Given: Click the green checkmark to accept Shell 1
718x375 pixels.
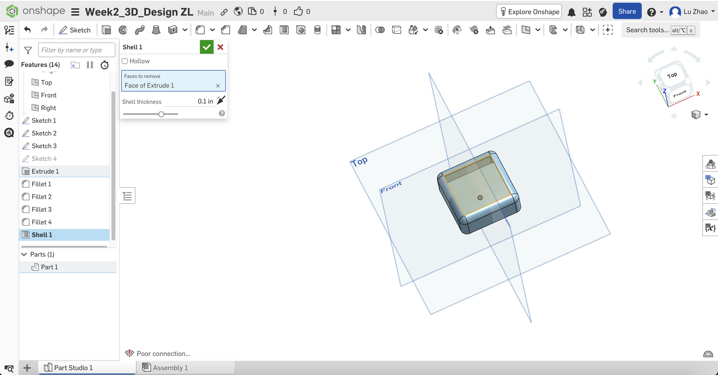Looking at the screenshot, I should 206,47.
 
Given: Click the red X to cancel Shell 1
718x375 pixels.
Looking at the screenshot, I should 220,47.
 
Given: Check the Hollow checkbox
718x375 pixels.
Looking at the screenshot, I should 125,61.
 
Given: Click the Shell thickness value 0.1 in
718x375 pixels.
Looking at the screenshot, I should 205,102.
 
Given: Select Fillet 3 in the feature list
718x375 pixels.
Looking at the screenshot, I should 41,209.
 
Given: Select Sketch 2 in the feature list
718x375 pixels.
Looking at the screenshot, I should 44,133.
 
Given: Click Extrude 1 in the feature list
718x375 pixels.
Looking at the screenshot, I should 45,171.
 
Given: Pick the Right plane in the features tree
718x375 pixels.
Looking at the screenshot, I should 48,108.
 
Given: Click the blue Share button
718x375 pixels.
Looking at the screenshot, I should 627,12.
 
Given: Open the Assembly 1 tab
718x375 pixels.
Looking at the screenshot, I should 170,368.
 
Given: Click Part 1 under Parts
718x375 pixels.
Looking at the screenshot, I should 49,267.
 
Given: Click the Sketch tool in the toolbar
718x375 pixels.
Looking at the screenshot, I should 75,30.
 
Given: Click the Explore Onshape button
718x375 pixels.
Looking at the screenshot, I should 529,12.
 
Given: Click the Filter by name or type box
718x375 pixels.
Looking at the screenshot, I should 76,50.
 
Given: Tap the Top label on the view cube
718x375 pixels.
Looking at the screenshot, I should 672,76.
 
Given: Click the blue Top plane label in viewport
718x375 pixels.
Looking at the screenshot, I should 359,161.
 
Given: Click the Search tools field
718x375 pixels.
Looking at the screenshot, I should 647,30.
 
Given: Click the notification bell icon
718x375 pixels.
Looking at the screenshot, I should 571,12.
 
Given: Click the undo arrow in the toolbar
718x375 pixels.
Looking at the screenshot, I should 27,30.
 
